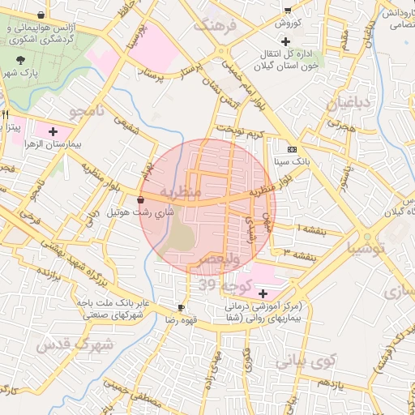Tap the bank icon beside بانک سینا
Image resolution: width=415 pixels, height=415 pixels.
(292, 150)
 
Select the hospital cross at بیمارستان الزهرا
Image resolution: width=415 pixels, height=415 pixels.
(53, 130)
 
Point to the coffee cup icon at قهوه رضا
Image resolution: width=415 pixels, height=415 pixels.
(181, 307)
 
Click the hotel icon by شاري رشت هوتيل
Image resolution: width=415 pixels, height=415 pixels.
(141, 199)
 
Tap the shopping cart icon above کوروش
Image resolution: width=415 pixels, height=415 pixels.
(287, 9)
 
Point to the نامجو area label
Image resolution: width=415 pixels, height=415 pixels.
(88, 110)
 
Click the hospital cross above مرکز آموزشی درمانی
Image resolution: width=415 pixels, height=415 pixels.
(262, 292)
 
